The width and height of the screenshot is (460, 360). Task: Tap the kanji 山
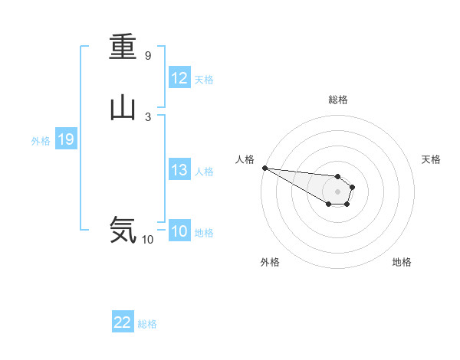123,107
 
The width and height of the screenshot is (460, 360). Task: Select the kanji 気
123,228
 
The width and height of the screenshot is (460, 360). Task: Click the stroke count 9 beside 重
147,55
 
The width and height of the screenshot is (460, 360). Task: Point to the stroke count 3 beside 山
147,116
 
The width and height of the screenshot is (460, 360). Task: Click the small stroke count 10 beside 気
147,239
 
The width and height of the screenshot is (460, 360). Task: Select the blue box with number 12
179,78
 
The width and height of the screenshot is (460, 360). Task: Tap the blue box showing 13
179,171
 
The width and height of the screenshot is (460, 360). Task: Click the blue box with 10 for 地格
179,232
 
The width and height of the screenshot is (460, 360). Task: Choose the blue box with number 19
65,140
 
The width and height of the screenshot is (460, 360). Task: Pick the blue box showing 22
123,323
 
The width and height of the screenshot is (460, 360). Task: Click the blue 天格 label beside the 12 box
204,80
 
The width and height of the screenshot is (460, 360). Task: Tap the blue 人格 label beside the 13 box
204,172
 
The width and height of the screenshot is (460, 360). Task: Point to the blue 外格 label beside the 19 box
41,141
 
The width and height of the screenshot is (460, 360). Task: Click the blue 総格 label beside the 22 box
147,324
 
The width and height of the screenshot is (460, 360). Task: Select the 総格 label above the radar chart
338,100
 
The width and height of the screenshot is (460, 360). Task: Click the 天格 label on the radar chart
431,159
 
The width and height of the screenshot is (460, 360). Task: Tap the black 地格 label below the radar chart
402,262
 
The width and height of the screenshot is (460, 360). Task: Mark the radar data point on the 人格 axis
264,168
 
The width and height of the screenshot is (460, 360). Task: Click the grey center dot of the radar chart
337,191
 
